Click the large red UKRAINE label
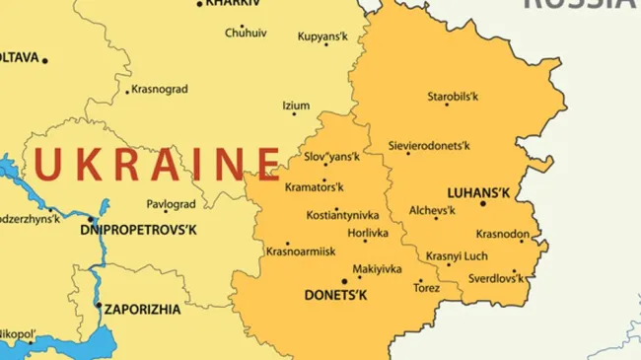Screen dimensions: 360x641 click(x=157, y=163)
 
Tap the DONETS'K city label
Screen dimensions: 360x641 click(x=335, y=295)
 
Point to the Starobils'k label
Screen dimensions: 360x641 click(x=453, y=97)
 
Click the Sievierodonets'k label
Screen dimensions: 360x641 click(x=429, y=145)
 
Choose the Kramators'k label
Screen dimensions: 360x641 click(x=314, y=186)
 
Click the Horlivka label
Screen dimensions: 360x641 click(x=368, y=233)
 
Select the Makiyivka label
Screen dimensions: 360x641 click(x=377, y=268)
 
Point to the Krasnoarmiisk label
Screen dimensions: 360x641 click(x=301, y=252)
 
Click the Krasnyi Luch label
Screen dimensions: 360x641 click(x=457, y=255)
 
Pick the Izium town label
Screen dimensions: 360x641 click(x=296, y=106)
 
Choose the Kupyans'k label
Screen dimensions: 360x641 click(x=323, y=37)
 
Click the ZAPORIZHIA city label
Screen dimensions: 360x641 click(x=142, y=309)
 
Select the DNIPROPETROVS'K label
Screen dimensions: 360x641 click(x=139, y=230)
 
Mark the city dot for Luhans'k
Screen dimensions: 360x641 click(x=483, y=203)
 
